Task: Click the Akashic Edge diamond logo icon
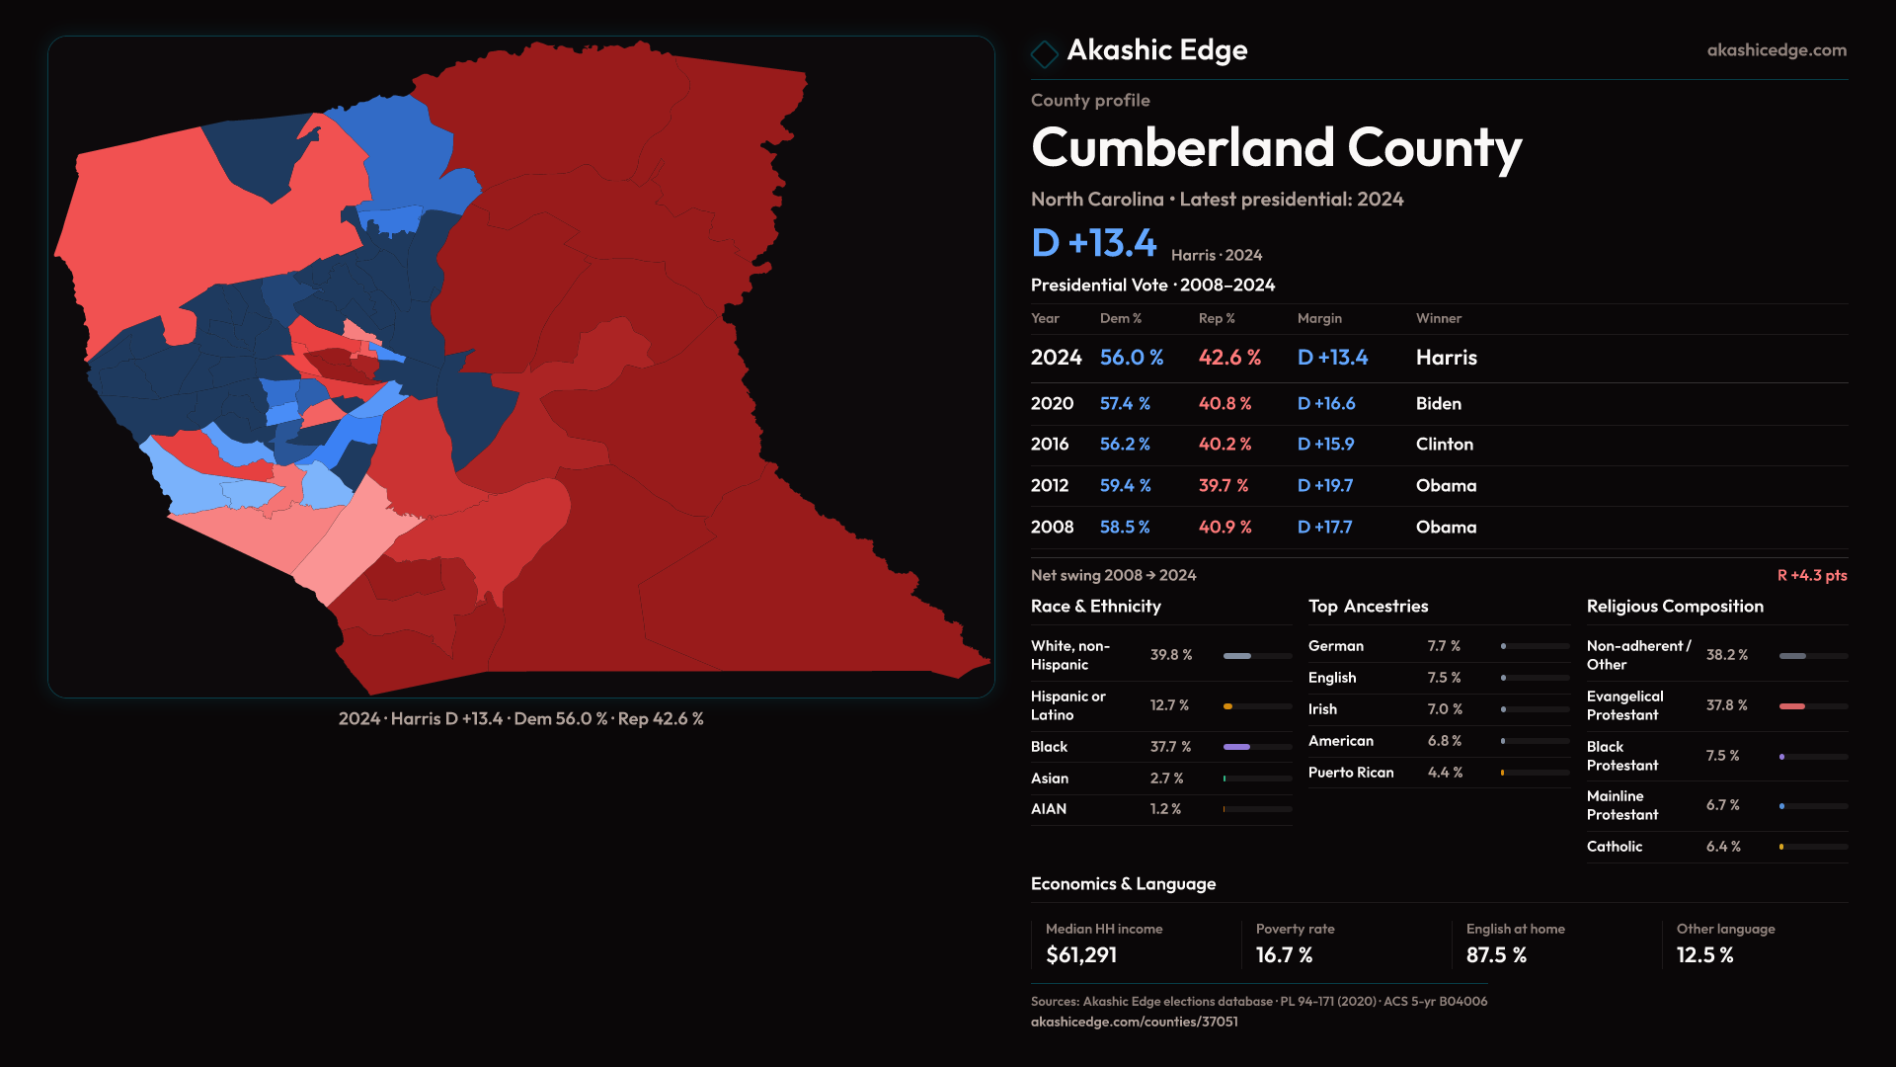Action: click(1044, 53)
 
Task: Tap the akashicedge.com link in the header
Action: click(1776, 50)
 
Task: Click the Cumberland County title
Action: click(1276, 148)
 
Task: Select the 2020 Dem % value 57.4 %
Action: click(1125, 404)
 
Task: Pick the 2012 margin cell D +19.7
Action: click(1324, 486)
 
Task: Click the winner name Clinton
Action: click(1444, 445)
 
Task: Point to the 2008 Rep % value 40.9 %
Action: click(1224, 528)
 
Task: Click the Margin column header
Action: click(1319, 318)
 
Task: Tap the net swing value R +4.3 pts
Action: click(1811, 575)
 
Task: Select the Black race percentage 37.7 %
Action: click(1170, 747)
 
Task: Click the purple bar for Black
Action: click(1236, 747)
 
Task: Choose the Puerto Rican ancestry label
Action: click(1351, 773)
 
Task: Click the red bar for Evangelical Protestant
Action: click(1791, 706)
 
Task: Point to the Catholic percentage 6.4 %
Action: click(1723, 847)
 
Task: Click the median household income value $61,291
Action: click(1081, 955)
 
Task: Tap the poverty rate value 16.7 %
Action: click(1284, 955)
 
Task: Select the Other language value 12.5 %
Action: click(1704, 955)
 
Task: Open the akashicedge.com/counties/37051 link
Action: click(1134, 1022)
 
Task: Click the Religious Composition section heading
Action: click(1675, 607)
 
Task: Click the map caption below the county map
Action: click(520, 719)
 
